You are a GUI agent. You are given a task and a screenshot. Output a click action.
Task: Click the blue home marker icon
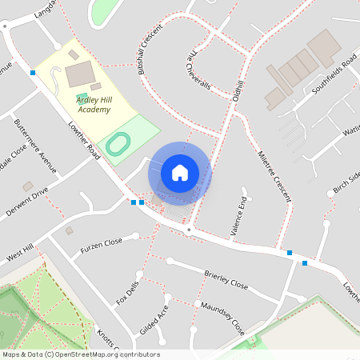pos(180,172)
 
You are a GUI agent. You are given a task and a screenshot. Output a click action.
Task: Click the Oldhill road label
pos(236,92)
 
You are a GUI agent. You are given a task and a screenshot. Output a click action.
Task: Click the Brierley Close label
pos(226,278)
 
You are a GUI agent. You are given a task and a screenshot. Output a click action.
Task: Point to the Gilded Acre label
pos(154,321)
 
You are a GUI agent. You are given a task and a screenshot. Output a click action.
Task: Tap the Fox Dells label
pos(128,292)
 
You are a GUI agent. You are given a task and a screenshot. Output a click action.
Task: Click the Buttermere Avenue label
pos(36,146)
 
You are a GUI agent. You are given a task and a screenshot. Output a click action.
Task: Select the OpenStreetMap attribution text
pos(81,354)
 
